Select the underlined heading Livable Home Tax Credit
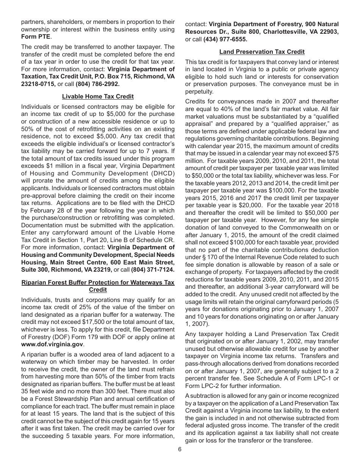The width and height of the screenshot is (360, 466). point(98,97)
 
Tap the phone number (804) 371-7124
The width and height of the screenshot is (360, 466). point(153,269)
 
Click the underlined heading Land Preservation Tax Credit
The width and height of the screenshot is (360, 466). point(262,52)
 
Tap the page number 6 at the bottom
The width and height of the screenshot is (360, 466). point(180,449)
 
